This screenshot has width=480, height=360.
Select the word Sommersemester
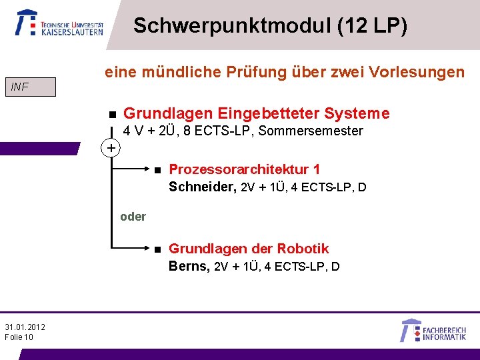pos(311,131)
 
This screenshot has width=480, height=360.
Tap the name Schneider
pos(202,187)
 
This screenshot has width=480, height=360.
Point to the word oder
pos(133,217)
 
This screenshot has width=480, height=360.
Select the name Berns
pos(189,267)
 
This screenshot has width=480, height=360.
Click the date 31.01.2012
pos(25,327)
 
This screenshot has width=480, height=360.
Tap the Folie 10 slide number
pos(19,337)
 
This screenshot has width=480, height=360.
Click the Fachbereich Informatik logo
pos(433,331)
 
